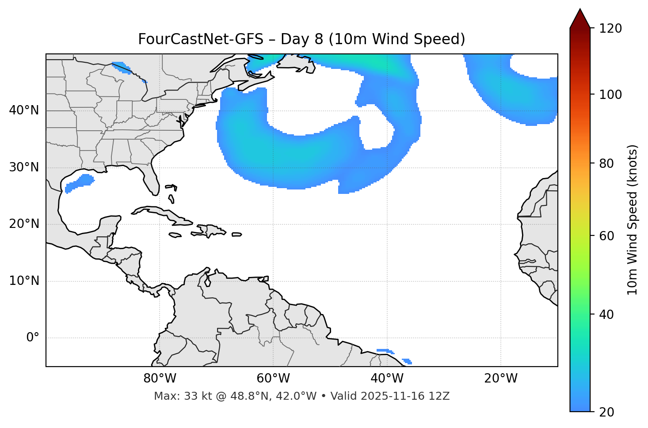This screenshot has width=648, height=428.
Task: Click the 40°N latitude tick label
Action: click(x=24, y=110)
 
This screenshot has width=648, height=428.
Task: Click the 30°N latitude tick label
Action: click(x=24, y=167)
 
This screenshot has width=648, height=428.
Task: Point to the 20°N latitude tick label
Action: click(x=24, y=224)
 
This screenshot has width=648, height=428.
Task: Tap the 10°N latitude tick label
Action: click(x=24, y=281)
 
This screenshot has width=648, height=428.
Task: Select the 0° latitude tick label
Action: click(x=33, y=338)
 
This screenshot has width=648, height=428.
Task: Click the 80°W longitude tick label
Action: click(x=160, y=379)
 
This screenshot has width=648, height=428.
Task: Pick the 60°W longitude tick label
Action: click(x=273, y=379)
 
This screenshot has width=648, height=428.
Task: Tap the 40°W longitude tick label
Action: click(x=387, y=379)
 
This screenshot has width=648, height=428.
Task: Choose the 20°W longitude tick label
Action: click(x=500, y=379)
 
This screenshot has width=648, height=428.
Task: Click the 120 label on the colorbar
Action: click(x=610, y=28)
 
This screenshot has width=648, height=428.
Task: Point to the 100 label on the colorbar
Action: click(x=610, y=95)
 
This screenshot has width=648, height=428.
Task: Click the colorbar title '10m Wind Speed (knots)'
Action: click(x=633, y=220)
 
